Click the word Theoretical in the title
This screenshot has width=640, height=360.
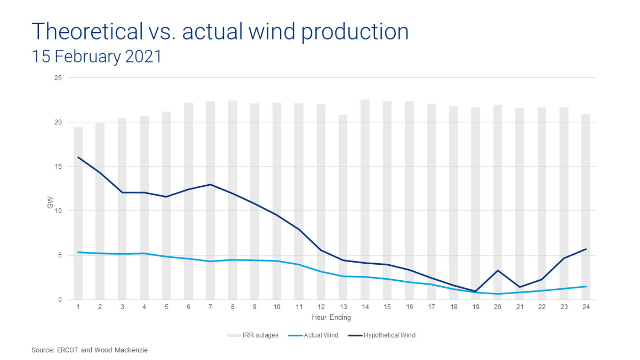(87, 31)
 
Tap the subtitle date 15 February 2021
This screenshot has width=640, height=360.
(97, 57)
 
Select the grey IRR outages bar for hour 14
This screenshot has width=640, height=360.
(365, 199)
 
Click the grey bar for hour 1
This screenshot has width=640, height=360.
(78, 213)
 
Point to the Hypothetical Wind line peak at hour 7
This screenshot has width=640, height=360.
(210, 184)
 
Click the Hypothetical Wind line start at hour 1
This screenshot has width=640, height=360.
(78, 157)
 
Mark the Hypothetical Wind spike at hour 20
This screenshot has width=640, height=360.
(498, 271)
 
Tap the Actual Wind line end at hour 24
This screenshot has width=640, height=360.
(586, 286)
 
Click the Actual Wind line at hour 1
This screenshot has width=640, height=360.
(78, 252)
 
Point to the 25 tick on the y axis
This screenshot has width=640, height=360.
(58, 78)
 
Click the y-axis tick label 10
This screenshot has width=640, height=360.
(58, 211)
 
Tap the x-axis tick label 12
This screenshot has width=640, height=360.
(321, 307)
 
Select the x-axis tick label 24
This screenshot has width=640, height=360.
(586, 307)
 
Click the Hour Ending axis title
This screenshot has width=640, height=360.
(331, 317)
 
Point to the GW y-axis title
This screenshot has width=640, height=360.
(50, 202)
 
